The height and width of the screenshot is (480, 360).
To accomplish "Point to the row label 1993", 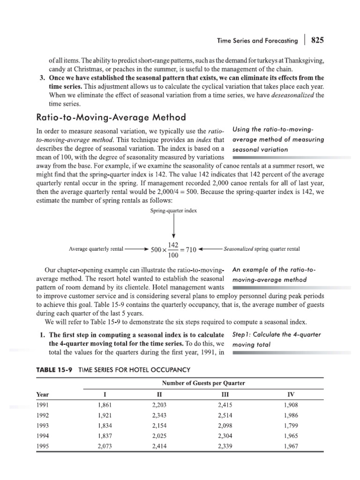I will tap(43, 425).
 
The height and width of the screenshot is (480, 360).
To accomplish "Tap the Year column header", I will tap(43, 394).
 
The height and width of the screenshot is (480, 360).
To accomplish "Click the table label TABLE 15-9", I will tap(54, 369).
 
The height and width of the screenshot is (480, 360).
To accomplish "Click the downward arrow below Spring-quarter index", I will tap(174, 230).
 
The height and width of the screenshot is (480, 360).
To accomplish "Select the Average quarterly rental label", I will tap(96, 249).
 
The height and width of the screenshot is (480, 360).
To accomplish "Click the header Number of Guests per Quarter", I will tap(203, 383).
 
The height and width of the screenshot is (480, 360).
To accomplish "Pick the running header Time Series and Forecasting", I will tap(257, 41).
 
